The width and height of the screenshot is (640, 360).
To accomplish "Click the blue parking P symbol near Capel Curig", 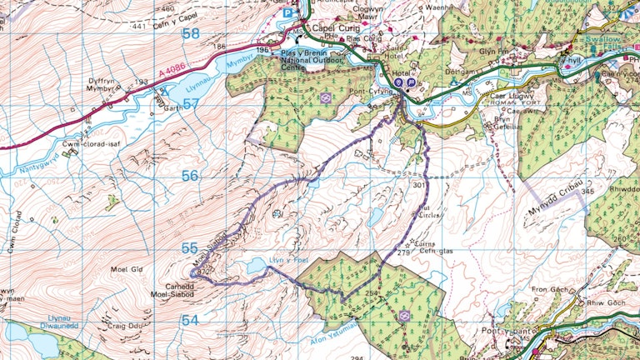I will point(288,13).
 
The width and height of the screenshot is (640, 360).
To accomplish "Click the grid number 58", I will point(191,33).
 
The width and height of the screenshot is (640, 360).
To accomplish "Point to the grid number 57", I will point(191,104).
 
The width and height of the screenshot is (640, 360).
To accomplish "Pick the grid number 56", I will point(191,176).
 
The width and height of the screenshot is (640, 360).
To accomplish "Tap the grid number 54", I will point(191,320).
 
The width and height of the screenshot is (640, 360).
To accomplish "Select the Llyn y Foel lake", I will point(258,267).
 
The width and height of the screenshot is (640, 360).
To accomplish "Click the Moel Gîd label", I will point(127,270).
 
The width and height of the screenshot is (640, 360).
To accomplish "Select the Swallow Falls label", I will point(603,43).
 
